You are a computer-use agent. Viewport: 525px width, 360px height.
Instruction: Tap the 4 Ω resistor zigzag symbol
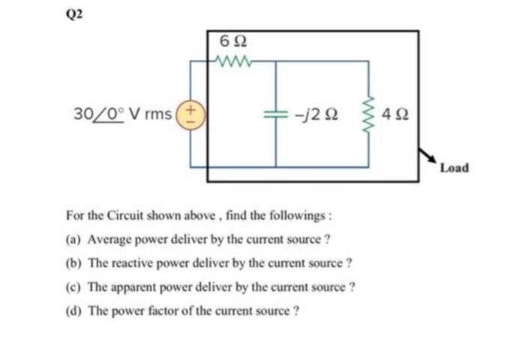[x=368, y=115]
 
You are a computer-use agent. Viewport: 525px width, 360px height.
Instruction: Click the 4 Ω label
[x=395, y=115]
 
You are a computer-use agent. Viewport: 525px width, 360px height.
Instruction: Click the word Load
[x=454, y=167]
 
